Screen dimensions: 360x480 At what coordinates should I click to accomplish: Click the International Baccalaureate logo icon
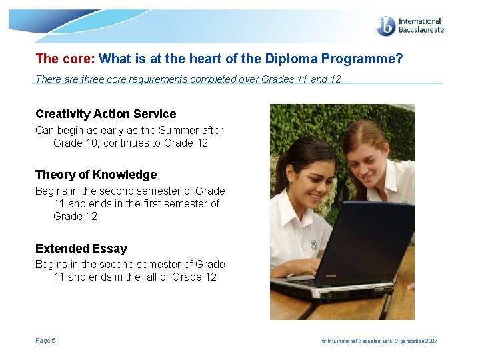[x=386, y=26]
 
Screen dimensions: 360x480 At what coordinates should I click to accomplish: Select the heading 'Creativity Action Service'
[x=105, y=114]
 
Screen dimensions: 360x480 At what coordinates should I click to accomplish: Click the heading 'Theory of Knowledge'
[x=96, y=175]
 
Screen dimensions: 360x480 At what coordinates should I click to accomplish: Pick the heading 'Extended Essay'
[x=81, y=249]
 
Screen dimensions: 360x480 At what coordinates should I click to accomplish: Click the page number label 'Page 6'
[x=45, y=341]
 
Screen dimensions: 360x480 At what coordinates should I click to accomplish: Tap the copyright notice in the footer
[x=379, y=341]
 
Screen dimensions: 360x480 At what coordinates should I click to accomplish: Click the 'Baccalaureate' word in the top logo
[x=420, y=30]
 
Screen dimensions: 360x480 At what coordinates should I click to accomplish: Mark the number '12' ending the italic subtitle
[x=335, y=79]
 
